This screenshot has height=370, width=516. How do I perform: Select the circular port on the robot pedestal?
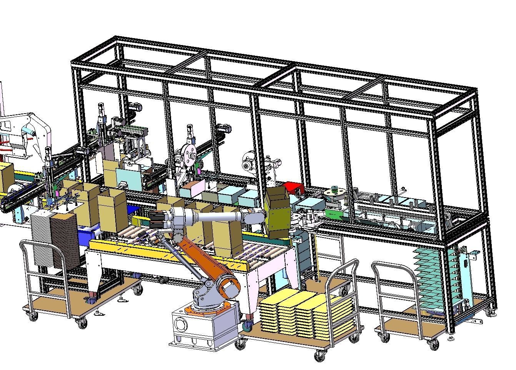pos(180,323)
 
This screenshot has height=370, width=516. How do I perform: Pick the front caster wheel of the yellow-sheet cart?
pos(319,357)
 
